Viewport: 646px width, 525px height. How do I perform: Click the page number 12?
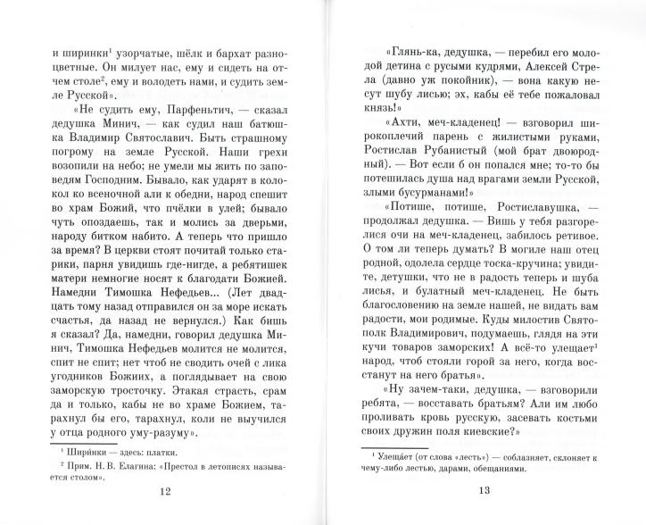(161, 489)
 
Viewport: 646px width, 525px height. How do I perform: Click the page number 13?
(484, 489)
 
